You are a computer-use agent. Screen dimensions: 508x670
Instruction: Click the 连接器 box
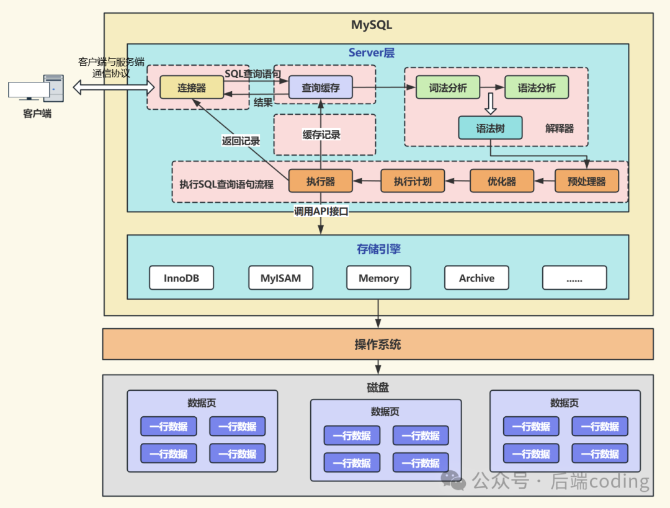192,87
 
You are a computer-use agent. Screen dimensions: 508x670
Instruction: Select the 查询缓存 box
320,87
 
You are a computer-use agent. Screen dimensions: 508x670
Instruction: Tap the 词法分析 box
448,87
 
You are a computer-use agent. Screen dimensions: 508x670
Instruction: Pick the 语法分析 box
537,87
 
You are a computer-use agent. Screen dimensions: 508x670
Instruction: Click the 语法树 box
490,128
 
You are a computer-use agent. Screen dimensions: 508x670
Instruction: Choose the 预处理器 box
587,181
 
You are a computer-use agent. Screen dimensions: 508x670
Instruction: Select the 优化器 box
501,181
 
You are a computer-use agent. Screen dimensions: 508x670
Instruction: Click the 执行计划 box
413,181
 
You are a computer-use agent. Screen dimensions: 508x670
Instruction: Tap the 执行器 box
320,181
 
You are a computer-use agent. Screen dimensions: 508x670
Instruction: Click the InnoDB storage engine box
181,278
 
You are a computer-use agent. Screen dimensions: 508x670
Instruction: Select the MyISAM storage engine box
280,278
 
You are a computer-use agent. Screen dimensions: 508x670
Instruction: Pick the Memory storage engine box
378,278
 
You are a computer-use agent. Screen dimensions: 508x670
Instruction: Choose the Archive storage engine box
476,278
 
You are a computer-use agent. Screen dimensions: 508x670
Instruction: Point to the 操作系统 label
378,344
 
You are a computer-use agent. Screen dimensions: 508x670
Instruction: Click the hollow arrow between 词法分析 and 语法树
490,104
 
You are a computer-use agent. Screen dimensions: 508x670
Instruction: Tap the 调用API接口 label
321,212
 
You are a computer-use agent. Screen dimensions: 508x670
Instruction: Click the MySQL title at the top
372,25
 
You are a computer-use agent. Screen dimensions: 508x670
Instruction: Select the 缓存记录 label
321,135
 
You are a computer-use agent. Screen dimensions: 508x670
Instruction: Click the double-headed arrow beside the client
112,87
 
